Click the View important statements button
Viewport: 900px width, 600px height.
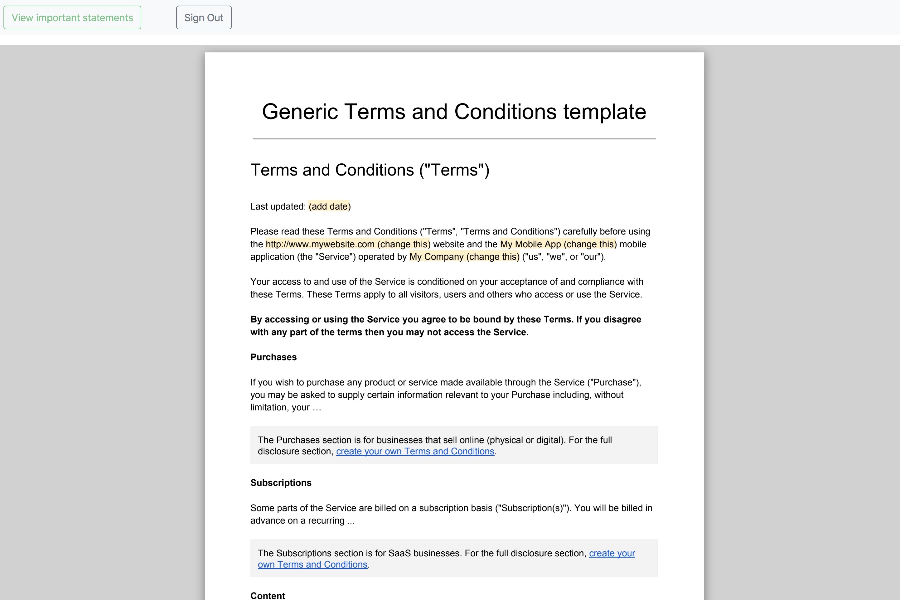pos(72,17)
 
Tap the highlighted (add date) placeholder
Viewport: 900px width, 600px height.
pos(329,207)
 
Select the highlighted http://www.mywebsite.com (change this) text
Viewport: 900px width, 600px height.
pos(348,244)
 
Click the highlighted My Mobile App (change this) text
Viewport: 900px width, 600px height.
pos(558,244)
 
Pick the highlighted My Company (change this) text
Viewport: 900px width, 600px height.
pos(464,257)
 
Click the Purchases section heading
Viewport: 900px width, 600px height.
pos(273,357)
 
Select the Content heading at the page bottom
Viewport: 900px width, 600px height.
pos(268,595)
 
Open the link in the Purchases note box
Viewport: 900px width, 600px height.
pos(415,452)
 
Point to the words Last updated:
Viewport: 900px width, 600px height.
pos(278,207)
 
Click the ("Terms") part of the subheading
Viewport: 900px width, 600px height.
pos(454,170)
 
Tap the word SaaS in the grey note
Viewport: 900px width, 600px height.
pos(399,553)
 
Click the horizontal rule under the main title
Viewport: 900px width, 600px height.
pos(454,139)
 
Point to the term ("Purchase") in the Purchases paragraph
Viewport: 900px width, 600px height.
pos(613,382)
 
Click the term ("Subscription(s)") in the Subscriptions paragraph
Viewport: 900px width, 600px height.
pos(532,508)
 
